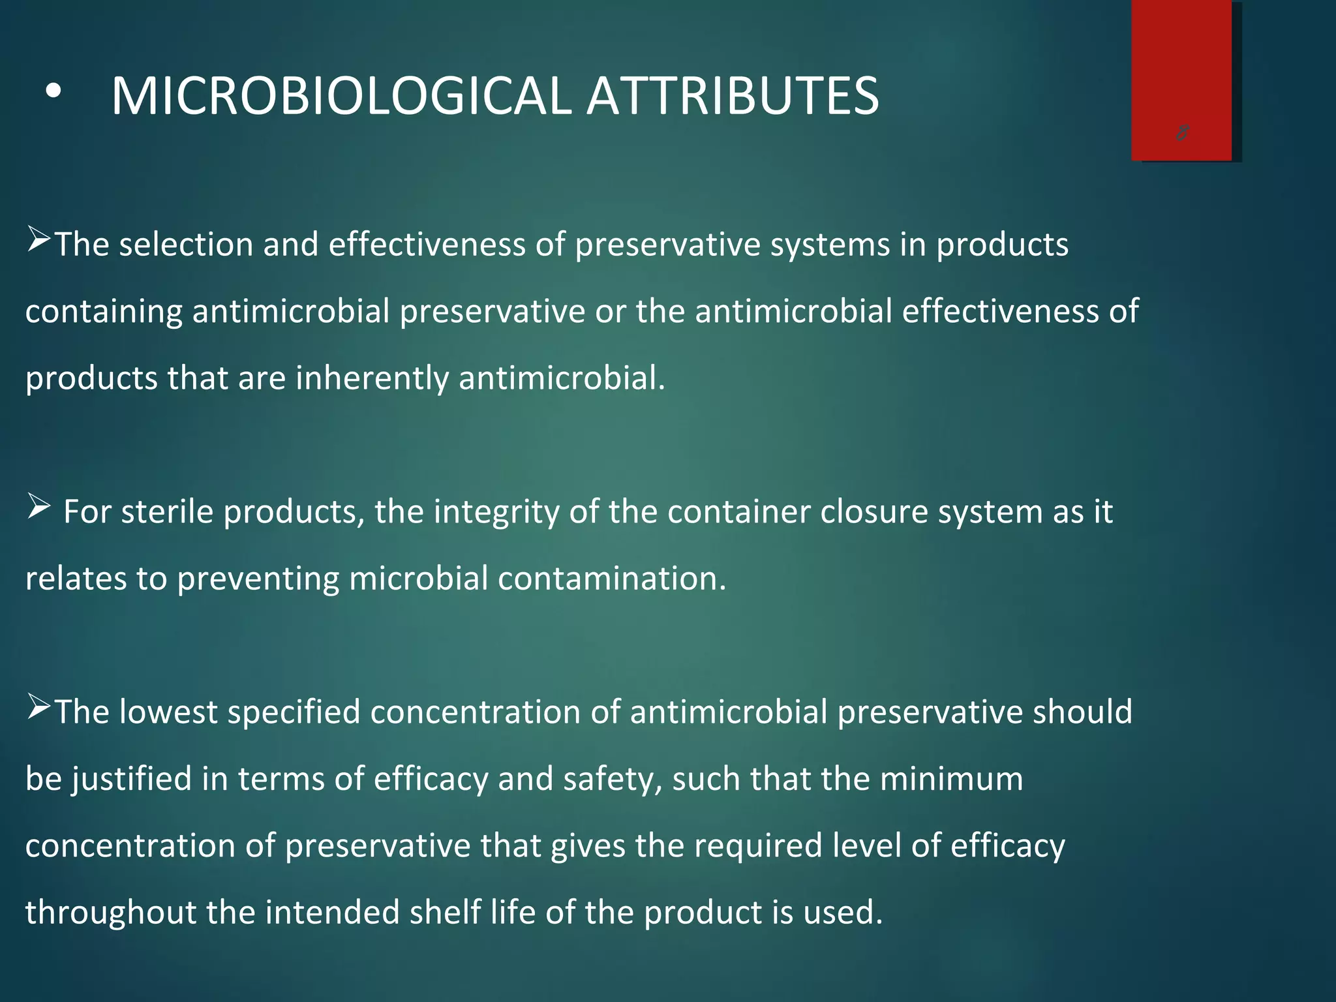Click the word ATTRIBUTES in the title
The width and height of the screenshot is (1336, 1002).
pos(733,97)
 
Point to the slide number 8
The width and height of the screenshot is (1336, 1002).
pos(1182,133)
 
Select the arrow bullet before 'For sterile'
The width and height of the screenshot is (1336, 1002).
pos(38,507)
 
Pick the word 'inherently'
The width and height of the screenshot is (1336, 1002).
pos(372,378)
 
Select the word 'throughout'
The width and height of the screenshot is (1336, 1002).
pos(110,913)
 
